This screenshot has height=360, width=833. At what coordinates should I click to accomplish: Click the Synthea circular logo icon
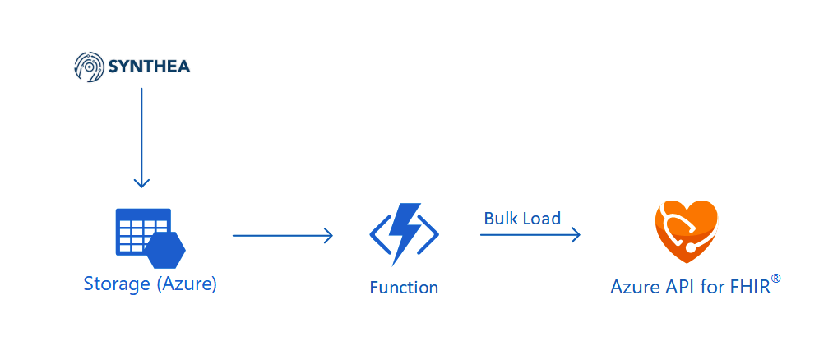(x=88, y=67)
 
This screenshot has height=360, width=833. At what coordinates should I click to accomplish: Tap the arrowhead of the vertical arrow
(x=141, y=182)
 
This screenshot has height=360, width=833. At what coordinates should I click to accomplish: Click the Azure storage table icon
(x=142, y=231)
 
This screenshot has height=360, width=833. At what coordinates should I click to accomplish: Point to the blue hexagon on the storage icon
(x=164, y=249)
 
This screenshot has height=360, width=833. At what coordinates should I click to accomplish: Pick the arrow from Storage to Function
(x=282, y=236)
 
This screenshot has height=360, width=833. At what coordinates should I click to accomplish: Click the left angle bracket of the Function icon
(x=379, y=235)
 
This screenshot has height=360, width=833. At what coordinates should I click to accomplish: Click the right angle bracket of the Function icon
(x=429, y=235)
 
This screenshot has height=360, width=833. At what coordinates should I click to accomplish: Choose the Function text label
(x=404, y=288)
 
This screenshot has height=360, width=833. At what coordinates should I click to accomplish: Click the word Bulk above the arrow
(x=501, y=219)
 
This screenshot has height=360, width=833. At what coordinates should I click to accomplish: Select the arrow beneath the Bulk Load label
(x=530, y=235)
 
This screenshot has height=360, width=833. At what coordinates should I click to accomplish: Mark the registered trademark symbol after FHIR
(x=775, y=279)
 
